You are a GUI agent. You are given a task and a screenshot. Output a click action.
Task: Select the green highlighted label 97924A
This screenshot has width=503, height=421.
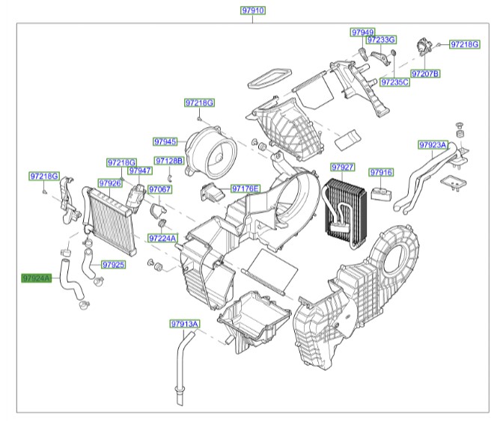click(x=37, y=278)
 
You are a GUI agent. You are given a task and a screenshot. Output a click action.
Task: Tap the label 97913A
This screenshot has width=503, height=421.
click(x=184, y=324)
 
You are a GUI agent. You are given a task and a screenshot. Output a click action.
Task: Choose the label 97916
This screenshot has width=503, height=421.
click(x=381, y=173)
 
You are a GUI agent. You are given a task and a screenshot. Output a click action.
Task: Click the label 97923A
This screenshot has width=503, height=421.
click(x=433, y=144)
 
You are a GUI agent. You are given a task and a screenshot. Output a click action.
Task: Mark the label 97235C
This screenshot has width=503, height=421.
click(x=394, y=82)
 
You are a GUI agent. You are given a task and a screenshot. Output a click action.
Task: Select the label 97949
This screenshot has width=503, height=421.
click(x=362, y=32)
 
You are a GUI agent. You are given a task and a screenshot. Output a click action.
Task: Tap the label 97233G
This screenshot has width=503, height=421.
click(x=381, y=39)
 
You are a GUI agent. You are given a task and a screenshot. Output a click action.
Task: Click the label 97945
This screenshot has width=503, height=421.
click(x=165, y=141)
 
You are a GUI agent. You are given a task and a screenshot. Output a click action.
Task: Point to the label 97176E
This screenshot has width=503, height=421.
click(x=245, y=188)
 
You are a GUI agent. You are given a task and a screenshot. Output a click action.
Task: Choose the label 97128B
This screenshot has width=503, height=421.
click(x=168, y=161)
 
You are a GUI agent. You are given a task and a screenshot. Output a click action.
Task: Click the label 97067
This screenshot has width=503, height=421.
click(x=160, y=190)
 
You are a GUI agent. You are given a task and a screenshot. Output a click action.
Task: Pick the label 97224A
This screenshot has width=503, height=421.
click(x=162, y=239)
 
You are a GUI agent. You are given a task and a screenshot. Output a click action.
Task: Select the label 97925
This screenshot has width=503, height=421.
click(x=113, y=265)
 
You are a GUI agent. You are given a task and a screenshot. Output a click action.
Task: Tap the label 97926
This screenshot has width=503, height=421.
click(x=109, y=183)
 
